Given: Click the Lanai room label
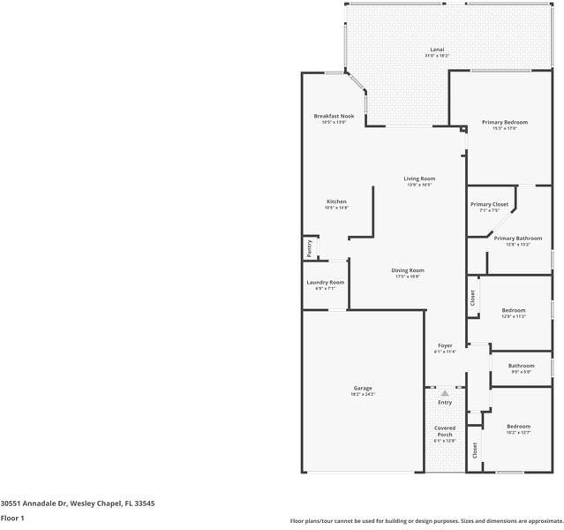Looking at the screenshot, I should [x=437, y=49].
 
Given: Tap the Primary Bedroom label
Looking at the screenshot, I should [x=504, y=122].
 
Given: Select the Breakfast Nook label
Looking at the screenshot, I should [x=334, y=116].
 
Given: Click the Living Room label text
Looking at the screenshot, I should [x=419, y=179].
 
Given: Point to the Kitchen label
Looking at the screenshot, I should [x=336, y=201].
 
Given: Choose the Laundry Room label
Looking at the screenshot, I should [x=325, y=283].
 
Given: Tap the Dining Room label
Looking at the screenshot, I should [x=408, y=270].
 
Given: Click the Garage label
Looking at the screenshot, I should [x=363, y=388].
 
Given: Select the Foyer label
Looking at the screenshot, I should [x=445, y=345].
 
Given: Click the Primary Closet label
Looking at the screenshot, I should [x=489, y=204].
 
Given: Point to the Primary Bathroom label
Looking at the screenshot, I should [x=517, y=238].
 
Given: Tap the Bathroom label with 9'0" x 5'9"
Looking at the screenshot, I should [x=521, y=366].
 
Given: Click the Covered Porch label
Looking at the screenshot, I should [x=445, y=431].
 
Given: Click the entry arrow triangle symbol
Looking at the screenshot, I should [x=445, y=392].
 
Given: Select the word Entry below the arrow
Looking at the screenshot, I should [x=445, y=403].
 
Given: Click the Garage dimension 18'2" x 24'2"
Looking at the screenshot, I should [x=363, y=394].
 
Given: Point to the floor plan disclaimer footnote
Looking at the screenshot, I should [x=426, y=520].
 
